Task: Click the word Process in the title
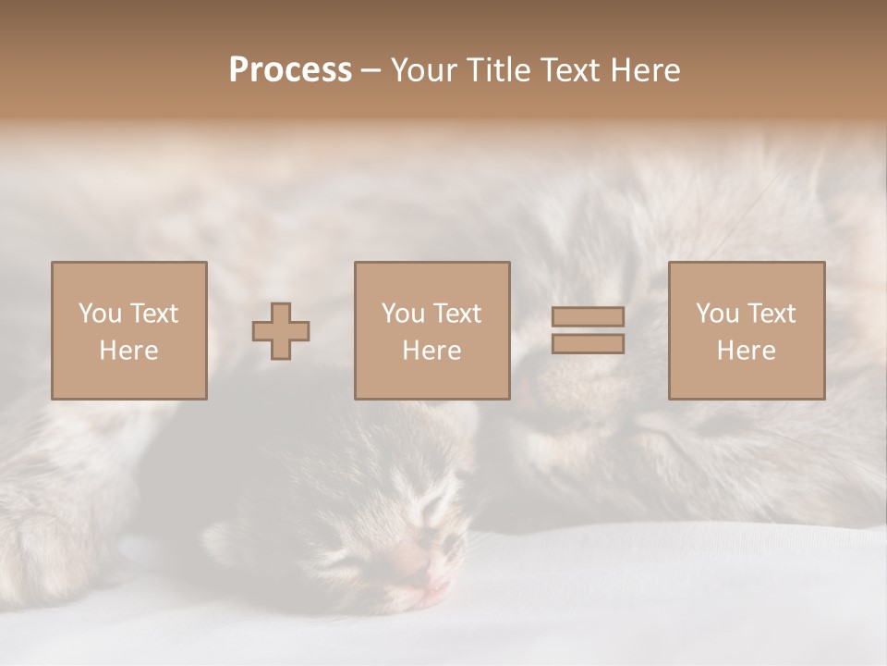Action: (x=290, y=70)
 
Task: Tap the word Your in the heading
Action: (x=425, y=70)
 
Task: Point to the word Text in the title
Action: (x=572, y=70)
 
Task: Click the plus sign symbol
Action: (x=281, y=331)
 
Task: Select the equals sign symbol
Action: (x=588, y=330)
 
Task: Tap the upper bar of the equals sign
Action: (x=588, y=316)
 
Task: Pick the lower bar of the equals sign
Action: (x=588, y=344)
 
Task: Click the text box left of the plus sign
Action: (x=128, y=330)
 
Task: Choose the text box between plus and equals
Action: (x=431, y=330)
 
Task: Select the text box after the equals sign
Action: (x=746, y=330)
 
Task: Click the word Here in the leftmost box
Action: (x=128, y=351)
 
